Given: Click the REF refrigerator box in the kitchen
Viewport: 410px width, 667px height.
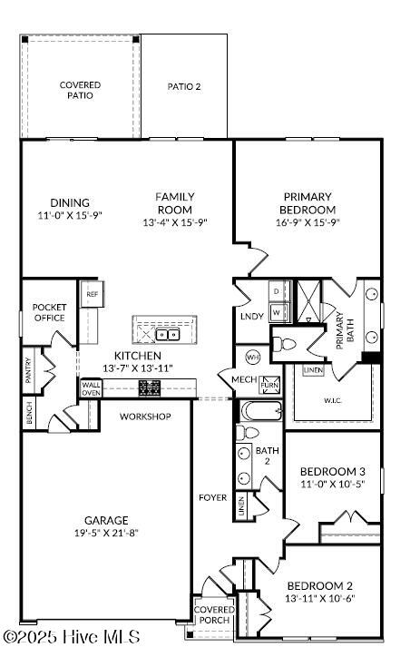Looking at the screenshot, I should coord(92,294).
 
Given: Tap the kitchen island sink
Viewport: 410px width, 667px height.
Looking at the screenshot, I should coord(172,333).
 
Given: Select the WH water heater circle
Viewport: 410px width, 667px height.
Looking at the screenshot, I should coord(253,357).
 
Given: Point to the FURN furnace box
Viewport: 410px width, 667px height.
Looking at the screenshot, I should coord(269,384).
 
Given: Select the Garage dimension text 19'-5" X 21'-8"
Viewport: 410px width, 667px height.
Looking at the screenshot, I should coord(107,533).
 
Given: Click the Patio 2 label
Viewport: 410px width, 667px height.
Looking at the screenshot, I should coord(184,87).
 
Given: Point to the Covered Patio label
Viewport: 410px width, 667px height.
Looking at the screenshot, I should coord(80,90).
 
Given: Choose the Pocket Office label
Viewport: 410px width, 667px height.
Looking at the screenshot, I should coord(49,312).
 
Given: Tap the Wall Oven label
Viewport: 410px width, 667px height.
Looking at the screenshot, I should coord(92,388).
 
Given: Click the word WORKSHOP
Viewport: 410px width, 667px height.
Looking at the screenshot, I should coord(146,417).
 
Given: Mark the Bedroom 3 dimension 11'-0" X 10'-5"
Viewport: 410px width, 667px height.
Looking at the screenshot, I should coord(333,485).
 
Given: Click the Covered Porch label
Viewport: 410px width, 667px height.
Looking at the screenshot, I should coord(215,614).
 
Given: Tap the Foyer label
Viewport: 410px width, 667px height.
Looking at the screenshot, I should coord(213,497).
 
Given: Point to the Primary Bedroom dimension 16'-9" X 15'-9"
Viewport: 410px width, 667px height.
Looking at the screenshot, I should coord(307,222).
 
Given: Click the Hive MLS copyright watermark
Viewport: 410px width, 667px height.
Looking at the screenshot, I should coord(72,637).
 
